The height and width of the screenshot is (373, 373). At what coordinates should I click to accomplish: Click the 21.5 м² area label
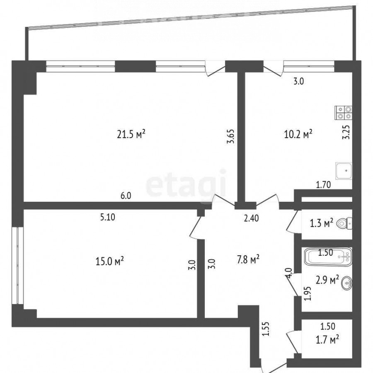tap(131, 134)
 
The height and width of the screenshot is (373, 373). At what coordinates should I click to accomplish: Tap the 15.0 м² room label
tap(110, 262)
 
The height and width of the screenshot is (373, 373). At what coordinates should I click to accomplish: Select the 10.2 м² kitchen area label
tap(298, 134)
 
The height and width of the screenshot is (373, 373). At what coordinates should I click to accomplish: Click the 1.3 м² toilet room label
tap(321, 223)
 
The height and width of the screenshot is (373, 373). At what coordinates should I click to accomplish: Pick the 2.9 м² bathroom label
tap(327, 281)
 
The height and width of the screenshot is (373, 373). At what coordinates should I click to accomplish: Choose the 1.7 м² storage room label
tap(327, 340)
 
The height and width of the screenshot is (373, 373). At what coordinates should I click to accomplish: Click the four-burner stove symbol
tap(344, 112)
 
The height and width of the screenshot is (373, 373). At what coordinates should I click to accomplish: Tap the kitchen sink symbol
tap(344, 171)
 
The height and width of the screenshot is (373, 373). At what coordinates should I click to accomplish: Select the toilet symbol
tap(345, 223)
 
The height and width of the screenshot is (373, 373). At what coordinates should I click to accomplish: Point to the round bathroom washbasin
tap(347, 283)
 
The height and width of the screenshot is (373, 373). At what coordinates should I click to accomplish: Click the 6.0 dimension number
tap(126, 196)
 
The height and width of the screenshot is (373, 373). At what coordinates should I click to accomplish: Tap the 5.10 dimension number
tap(107, 217)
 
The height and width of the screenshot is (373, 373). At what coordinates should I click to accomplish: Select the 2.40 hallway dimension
tap(251, 218)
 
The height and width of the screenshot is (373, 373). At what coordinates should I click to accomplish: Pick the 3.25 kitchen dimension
tap(347, 132)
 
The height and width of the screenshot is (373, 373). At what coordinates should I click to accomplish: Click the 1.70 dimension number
tap(323, 184)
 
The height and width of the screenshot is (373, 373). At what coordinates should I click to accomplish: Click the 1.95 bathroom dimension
tap(308, 293)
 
